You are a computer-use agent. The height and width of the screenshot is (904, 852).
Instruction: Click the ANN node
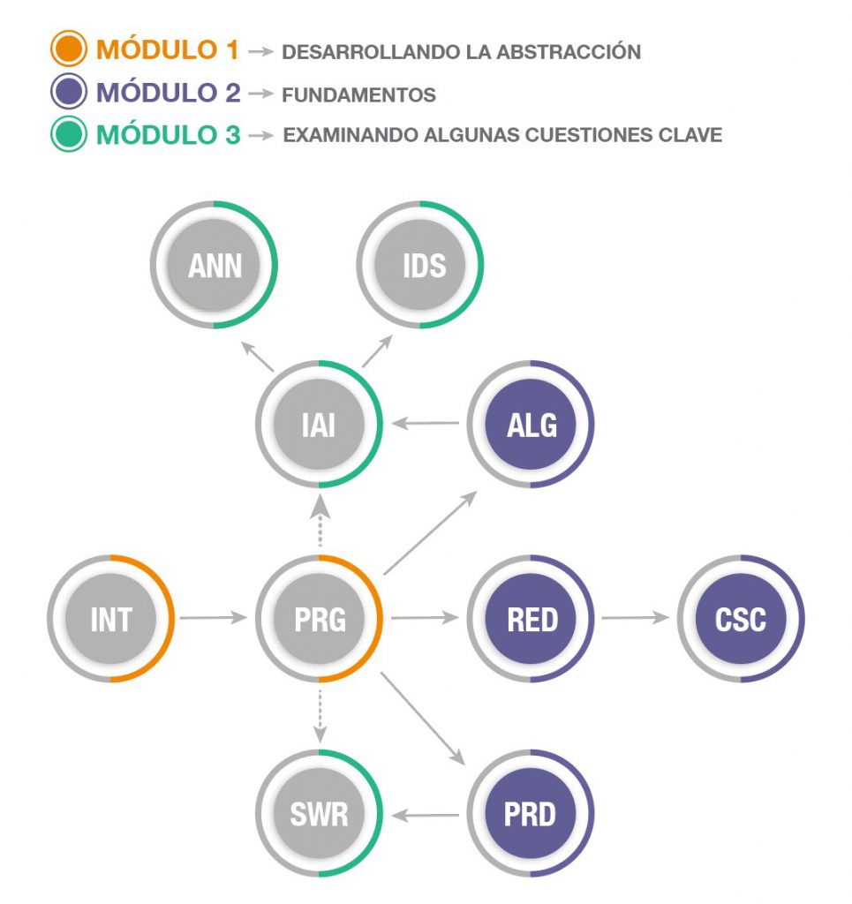(215, 265)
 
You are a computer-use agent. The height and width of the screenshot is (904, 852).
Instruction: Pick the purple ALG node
(532, 425)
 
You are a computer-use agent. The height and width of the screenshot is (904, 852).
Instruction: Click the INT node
(111, 619)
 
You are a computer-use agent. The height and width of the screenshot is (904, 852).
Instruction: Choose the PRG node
(319, 619)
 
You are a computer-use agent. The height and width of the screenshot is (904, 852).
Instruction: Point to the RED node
(532, 619)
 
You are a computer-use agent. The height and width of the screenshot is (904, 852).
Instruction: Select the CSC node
(741, 619)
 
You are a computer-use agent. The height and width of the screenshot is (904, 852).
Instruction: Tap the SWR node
(319, 813)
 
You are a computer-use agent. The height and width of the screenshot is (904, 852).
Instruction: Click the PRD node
(532, 813)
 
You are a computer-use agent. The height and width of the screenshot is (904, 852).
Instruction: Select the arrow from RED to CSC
(636, 618)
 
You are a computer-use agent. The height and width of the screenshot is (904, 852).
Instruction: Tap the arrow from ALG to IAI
(426, 425)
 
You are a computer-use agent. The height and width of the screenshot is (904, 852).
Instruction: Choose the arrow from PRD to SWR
(426, 814)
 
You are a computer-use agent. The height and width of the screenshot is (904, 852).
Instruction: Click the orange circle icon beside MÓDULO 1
(68, 49)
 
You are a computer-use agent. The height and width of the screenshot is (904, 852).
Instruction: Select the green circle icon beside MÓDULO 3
(68, 135)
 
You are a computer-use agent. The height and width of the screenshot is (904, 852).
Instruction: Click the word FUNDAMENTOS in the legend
(358, 94)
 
